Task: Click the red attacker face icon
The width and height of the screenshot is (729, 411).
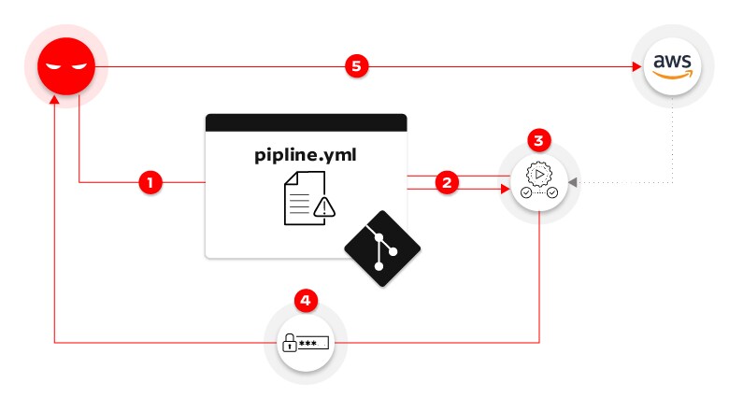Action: [x=66, y=66]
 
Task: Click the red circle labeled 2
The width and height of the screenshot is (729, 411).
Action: [x=448, y=182]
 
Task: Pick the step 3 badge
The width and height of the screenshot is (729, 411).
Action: [x=539, y=141]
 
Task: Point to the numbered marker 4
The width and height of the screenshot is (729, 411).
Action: [x=306, y=301]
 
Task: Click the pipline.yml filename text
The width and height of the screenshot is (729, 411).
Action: [x=306, y=154]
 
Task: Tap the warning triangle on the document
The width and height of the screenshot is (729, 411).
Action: [x=323, y=208]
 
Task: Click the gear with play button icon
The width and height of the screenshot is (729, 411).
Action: [x=539, y=175]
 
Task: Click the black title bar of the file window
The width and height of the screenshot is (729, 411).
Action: [x=306, y=122]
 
